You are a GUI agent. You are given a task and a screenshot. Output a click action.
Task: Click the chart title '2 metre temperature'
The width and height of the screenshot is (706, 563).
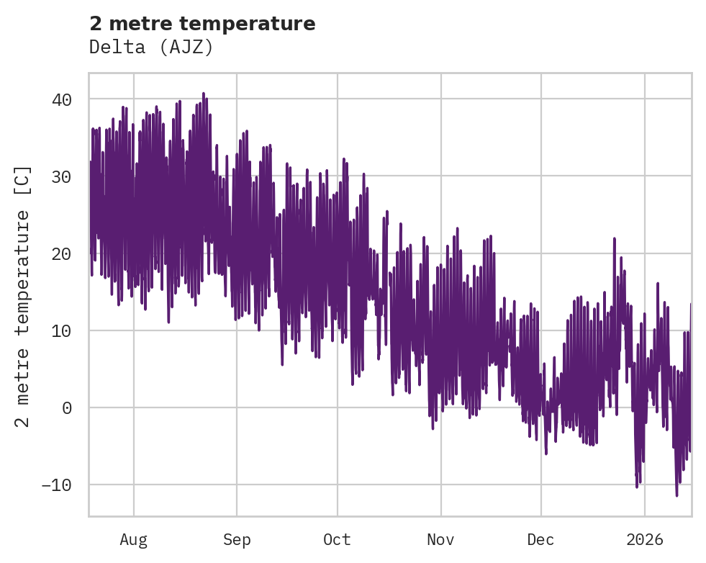pyautogui.click(x=202, y=24)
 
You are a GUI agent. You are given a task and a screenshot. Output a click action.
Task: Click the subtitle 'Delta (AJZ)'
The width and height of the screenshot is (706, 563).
pyautogui.click(x=151, y=47)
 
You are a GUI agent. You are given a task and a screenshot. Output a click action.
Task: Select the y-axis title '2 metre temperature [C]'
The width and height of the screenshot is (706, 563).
pyautogui.click(x=23, y=296)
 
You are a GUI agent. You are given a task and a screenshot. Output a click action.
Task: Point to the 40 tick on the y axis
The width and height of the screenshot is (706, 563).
pyautogui.click(x=62, y=99)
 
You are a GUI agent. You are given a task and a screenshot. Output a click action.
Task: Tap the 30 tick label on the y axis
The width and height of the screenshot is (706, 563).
pyautogui.click(x=62, y=176)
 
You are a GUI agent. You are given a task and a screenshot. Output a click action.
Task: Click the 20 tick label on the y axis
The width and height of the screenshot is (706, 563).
pyautogui.click(x=62, y=253)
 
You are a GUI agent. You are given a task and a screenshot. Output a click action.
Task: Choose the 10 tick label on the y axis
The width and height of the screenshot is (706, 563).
pyautogui.click(x=62, y=330)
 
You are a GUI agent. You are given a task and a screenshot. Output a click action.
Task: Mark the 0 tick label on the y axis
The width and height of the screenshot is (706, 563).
pyautogui.click(x=67, y=407)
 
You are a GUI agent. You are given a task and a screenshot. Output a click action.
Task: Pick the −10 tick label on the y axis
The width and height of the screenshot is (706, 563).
pyautogui.click(x=57, y=485)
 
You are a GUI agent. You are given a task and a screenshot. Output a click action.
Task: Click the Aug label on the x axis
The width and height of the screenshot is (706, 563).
pyautogui.click(x=134, y=539)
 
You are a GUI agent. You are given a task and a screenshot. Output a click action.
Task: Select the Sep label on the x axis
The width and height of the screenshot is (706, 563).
pyautogui.click(x=236, y=539)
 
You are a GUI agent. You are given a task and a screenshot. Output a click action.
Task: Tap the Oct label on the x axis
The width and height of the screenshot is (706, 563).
pyautogui.click(x=337, y=539)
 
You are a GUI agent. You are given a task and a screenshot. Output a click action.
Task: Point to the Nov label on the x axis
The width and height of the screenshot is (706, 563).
pyautogui.click(x=440, y=539)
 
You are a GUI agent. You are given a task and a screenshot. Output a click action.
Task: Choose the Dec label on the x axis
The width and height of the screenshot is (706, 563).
pyautogui.click(x=540, y=539)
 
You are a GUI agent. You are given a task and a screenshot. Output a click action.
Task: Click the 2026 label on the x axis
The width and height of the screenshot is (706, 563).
pyautogui.click(x=644, y=539)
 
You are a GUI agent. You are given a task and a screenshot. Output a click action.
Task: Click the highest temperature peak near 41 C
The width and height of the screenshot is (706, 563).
pyautogui.click(x=203, y=94)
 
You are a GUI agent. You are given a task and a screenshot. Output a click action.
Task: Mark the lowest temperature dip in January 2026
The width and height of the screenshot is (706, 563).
pyautogui.click(x=676, y=495)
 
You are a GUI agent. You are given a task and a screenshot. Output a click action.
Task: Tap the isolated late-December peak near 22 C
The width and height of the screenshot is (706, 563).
pyautogui.click(x=614, y=238)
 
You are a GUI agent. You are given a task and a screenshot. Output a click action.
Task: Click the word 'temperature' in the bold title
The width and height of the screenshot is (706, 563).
pyautogui.click(x=257, y=24)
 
